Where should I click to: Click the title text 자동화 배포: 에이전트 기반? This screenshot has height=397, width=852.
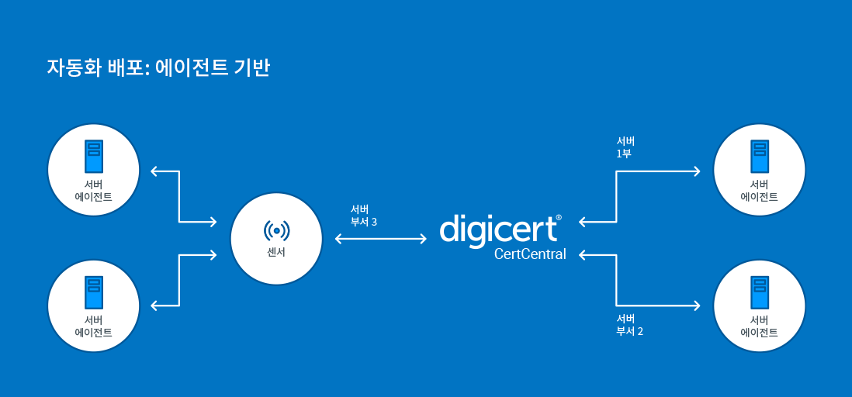(x=158, y=68)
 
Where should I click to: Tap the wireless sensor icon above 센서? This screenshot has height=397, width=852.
(x=276, y=231)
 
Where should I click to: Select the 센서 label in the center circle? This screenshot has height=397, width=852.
(x=276, y=253)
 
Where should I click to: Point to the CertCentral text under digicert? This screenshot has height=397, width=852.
(x=530, y=254)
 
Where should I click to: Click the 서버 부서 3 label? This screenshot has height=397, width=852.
(x=363, y=215)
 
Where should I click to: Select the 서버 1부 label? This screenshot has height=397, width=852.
(x=625, y=148)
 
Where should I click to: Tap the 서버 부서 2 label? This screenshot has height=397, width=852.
(x=630, y=325)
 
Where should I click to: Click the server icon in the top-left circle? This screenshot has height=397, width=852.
(x=93, y=157)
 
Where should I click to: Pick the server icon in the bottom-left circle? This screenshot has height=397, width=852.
(x=93, y=293)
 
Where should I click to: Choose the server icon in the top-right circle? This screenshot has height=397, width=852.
(x=760, y=157)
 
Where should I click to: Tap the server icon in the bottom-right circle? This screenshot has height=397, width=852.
(x=760, y=293)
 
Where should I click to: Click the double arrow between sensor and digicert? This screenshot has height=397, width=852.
(x=380, y=238)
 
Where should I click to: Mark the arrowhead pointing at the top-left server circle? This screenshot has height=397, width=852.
(x=154, y=171)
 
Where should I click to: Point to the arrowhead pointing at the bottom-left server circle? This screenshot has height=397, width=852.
(x=154, y=306)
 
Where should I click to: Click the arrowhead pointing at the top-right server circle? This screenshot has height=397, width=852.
(x=697, y=171)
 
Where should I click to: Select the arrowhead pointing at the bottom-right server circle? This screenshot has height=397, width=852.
(x=697, y=306)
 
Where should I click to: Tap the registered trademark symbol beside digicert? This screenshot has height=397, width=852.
(x=559, y=218)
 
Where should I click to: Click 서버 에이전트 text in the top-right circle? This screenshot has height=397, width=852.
(x=759, y=190)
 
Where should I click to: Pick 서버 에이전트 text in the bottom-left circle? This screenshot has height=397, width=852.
(x=93, y=326)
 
